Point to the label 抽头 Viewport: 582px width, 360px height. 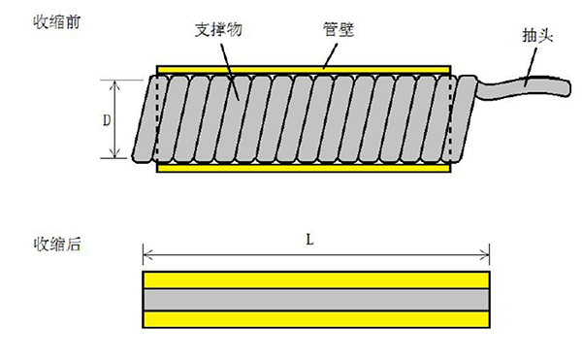click(539, 35)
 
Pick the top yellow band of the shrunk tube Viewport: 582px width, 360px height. click(316, 280)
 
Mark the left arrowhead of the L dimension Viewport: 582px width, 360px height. click(146, 256)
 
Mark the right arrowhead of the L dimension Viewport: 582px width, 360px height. click(486, 256)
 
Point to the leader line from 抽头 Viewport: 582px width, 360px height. click(531, 63)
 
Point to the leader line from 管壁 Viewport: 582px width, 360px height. click(330, 53)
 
